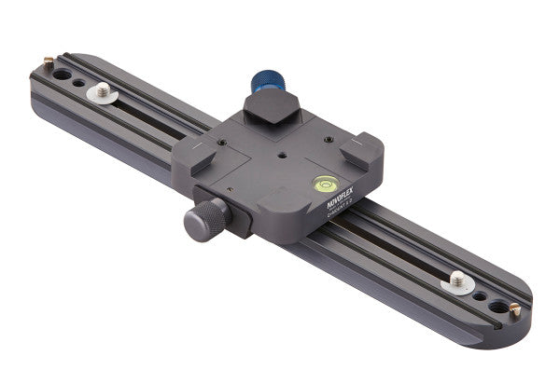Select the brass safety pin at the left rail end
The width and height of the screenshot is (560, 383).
tap(48, 62)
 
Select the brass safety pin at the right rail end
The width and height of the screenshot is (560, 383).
tap(514, 312)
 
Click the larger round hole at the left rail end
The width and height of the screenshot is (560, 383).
tap(62, 73)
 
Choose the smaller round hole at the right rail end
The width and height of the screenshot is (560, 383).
tap(480, 295)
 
